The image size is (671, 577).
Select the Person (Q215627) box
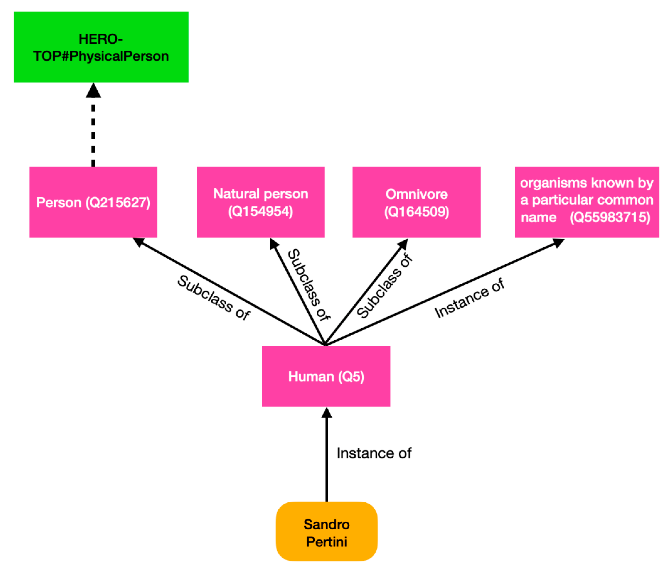click(x=93, y=202)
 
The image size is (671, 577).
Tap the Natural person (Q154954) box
click(x=260, y=202)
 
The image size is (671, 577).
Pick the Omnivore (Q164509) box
click(x=417, y=202)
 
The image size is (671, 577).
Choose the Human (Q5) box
click(x=326, y=376)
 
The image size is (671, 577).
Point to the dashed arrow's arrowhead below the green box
click(x=93, y=91)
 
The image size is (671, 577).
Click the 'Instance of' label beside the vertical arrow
click(x=374, y=453)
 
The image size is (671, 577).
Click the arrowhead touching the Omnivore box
click(x=403, y=244)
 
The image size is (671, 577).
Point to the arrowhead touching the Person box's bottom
click(x=138, y=242)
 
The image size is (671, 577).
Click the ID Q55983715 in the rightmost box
click(x=610, y=217)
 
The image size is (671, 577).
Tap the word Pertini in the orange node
click(x=327, y=542)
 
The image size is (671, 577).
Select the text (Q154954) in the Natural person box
click(x=260, y=211)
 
